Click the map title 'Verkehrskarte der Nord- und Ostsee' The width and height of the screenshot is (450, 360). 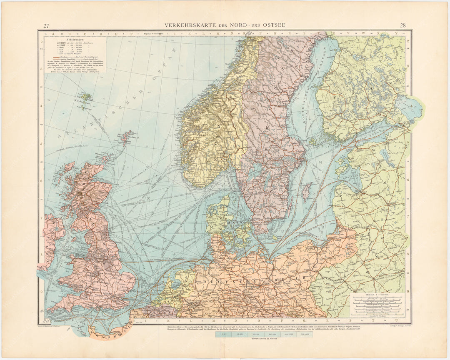(225, 25)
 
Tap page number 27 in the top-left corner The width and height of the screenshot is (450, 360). (47, 26)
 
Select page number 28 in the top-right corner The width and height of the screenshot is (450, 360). (403, 26)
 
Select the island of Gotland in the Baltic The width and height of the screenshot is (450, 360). (307, 192)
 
